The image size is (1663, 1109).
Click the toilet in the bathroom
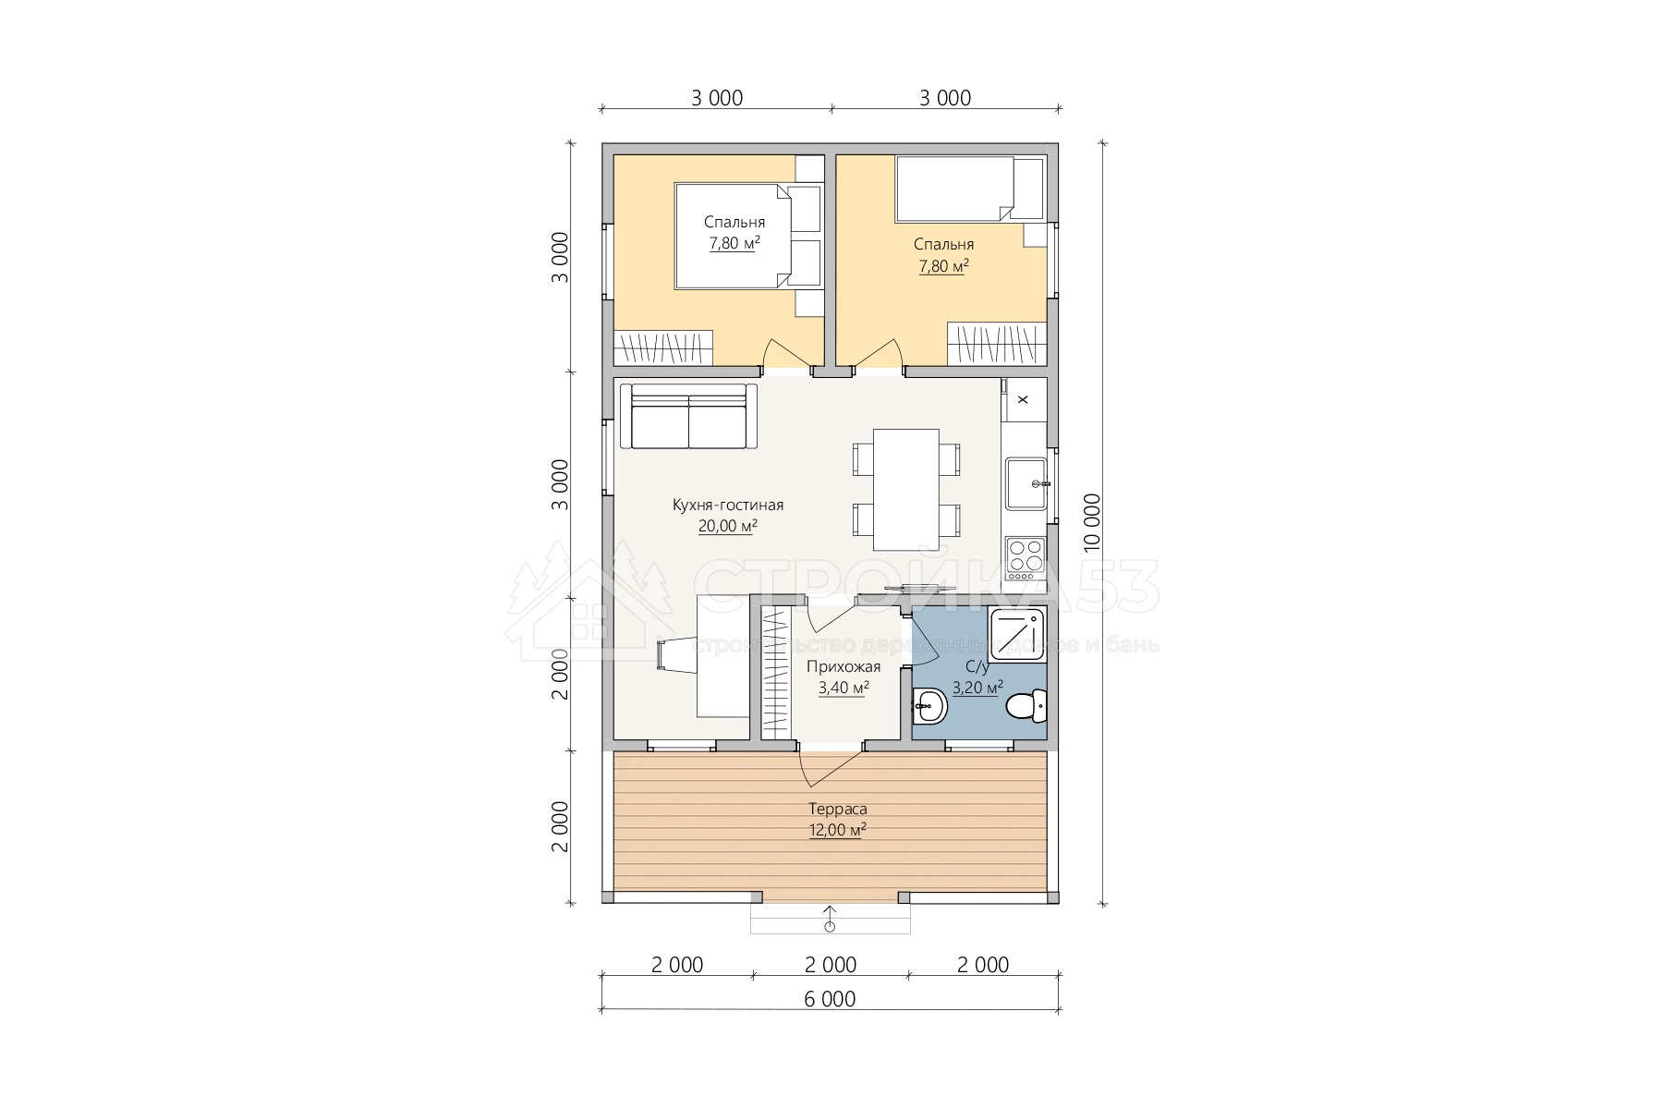coord(1026,707)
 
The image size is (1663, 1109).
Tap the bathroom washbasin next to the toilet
coord(929,708)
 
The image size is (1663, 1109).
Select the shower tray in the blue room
coord(1017,637)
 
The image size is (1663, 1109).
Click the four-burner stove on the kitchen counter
coord(1026,556)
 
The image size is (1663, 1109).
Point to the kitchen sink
coord(1026,483)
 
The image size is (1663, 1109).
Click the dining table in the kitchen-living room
coord(906,489)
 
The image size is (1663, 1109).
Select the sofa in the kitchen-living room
coord(687,417)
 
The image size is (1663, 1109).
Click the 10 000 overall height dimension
coord(1092,524)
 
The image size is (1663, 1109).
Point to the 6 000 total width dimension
coord(830,999)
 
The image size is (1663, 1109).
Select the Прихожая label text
coord(844,667)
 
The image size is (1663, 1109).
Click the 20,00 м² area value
coord(728,527)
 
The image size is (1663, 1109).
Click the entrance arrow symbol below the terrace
coord(830,919)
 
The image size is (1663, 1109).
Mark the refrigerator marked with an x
coord(1024,399)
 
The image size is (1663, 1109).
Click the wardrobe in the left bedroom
coord(663,347)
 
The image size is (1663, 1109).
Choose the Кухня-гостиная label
coord(728,506)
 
